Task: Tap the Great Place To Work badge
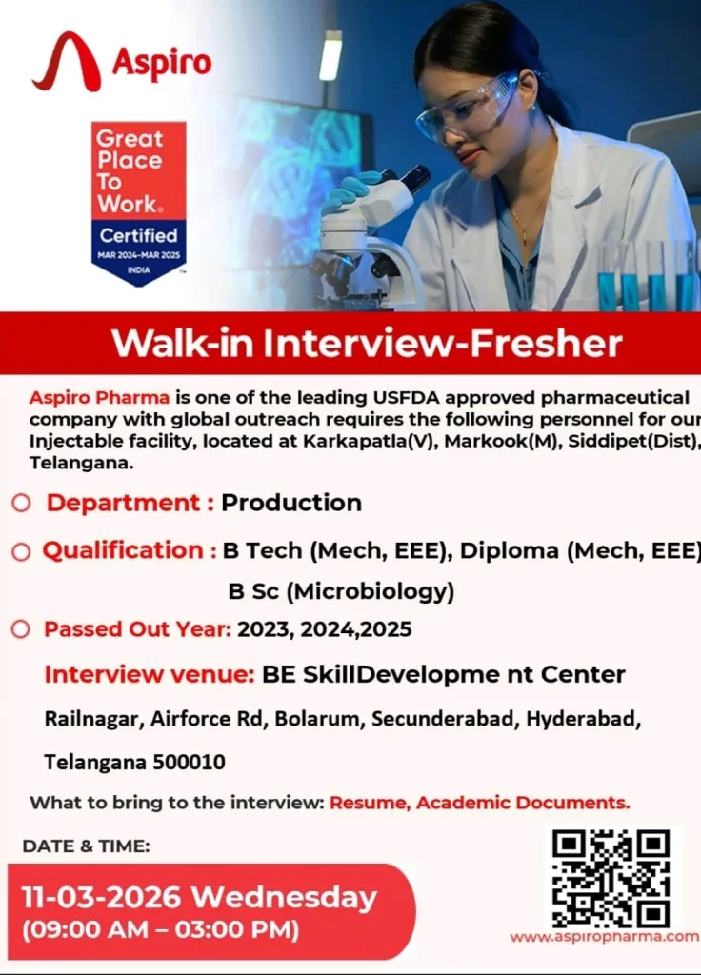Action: [139, 204]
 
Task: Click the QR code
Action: [611, 878]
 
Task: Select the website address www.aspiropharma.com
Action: [604, 937]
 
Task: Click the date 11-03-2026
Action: [101, 897]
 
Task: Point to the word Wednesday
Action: [284, 898]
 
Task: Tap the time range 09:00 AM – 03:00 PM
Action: [160, 930]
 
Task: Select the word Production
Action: [291, 503]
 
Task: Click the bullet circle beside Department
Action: [21, 503]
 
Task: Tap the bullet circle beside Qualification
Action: [21, 551]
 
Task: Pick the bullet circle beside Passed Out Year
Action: [21, 628]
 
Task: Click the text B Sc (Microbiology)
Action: [342, 591]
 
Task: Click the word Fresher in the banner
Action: [546, 343]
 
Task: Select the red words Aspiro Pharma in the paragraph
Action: [99, 397]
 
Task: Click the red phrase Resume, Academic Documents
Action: [480, 803]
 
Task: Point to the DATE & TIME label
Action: [87, 846]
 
